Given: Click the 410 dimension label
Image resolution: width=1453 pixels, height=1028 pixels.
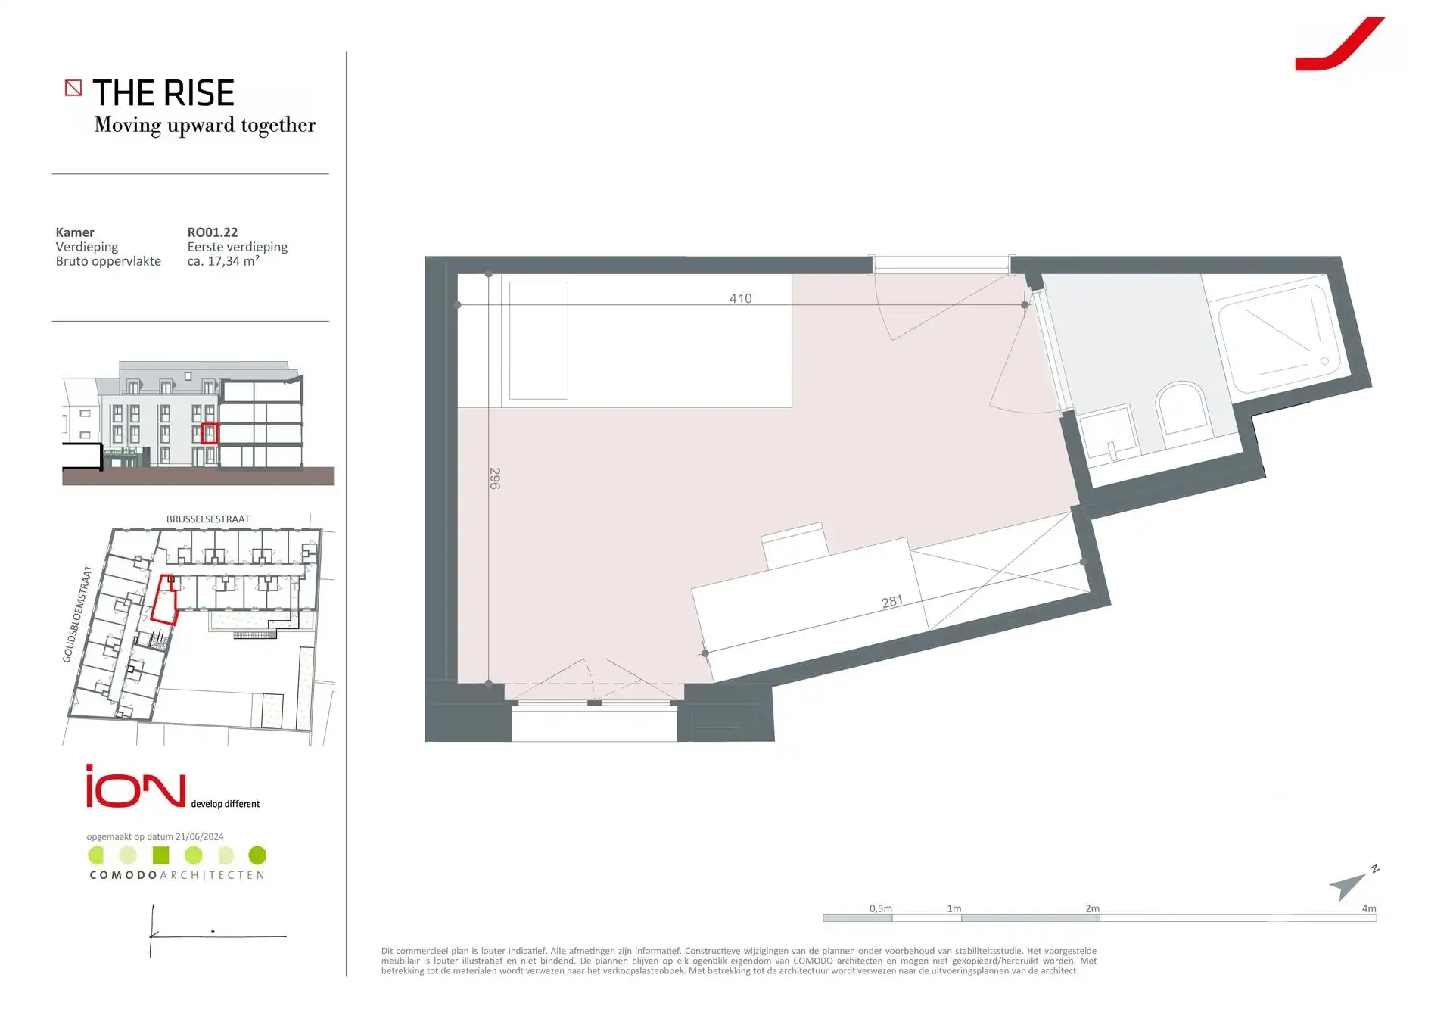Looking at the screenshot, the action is coord(740,298).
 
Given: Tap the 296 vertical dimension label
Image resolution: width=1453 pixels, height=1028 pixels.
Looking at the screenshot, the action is coord(495,478).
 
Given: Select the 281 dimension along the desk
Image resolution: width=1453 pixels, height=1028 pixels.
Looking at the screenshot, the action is coord(892,602).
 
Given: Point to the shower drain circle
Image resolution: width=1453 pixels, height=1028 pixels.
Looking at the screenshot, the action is coord(1324,361).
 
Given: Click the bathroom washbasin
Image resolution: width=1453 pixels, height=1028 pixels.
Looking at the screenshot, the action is coord(1110,435).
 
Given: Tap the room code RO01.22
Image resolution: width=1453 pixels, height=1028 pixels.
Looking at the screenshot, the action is coord(213,232).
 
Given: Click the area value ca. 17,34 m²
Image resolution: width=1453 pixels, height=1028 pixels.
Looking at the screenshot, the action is coord(223,261).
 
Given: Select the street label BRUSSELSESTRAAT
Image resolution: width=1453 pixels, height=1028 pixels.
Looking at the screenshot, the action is coord(208,519).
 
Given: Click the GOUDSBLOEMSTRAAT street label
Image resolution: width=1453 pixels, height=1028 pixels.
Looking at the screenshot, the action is coord(77,614).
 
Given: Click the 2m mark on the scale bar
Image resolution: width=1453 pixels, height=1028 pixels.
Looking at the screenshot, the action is coord(1092,908).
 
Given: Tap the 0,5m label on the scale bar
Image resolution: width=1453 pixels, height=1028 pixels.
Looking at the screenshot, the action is coord(880,908).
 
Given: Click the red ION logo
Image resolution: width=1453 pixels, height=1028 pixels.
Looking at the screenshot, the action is coord(135,787).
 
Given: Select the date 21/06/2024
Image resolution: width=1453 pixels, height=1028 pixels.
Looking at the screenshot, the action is coord(200,836).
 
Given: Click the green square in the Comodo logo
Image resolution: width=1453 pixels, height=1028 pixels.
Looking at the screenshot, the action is coord(160,855).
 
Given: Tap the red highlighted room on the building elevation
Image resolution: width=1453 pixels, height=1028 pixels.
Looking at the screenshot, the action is coord(210,433).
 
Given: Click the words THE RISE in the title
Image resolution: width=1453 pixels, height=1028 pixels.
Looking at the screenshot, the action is coord(163,93).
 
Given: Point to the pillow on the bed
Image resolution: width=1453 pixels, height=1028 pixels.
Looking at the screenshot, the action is coord(539,341).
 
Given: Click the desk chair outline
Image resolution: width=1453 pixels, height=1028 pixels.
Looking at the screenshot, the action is coord(795,546).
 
